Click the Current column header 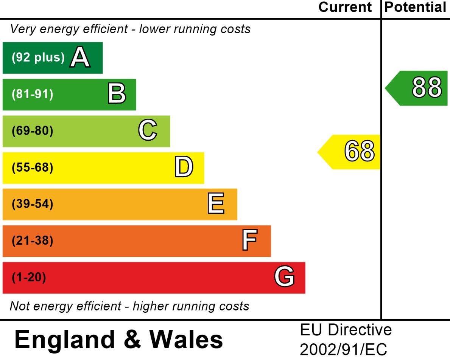(345, 7)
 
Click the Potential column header (415, 7)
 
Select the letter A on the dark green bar (80, 58)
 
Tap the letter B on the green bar (117, 94)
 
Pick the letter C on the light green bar (148, 130)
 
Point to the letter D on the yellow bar (184, 168)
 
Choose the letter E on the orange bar (216, 204)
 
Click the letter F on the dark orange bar (250, 241)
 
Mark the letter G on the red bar (284, 277)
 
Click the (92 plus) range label (38, 58)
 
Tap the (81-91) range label (33, 94)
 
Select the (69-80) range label (33, 131)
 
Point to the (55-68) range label (33, 168)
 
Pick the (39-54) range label (33, 204)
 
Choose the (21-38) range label (33, 241)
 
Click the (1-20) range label (29, 278)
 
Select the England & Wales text (118, 339)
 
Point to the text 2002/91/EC (343, 350)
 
